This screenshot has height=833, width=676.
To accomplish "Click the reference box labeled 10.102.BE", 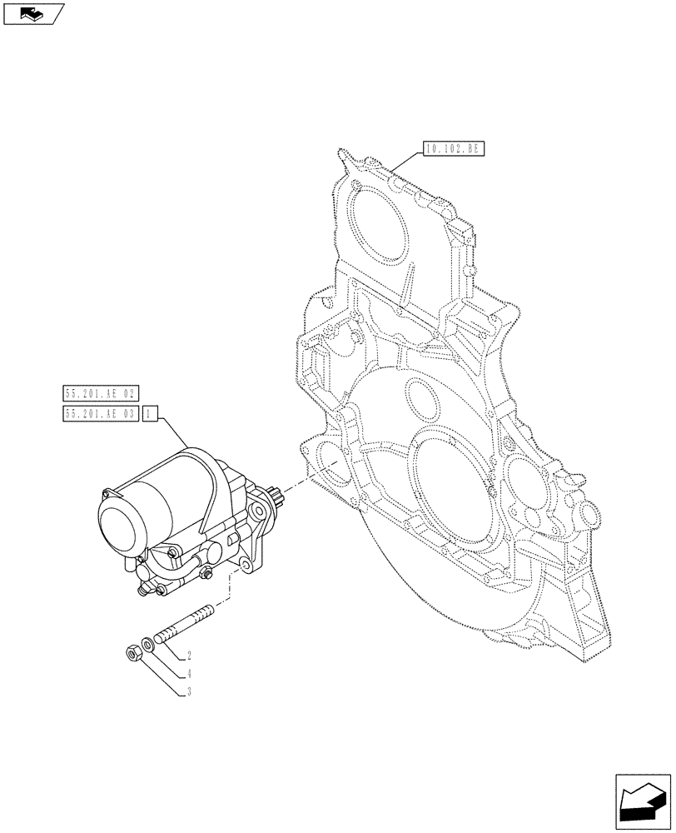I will [x=453, y=150].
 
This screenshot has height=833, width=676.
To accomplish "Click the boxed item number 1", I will [x=148, y=413].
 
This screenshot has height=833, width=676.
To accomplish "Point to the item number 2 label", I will [x=190, y=656].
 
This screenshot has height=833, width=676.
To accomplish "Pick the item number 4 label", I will [x=190, y=673].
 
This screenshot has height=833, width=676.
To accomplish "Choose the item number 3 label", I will [x=190, y=691].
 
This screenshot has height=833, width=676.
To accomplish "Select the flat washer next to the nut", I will [x=147, y=644].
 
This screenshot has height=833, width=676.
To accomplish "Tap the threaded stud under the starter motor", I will [x=180, y=625].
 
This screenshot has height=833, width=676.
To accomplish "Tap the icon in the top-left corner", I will [x=33, y=12].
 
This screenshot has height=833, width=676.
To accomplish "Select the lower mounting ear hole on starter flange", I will [x=246, y=566].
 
